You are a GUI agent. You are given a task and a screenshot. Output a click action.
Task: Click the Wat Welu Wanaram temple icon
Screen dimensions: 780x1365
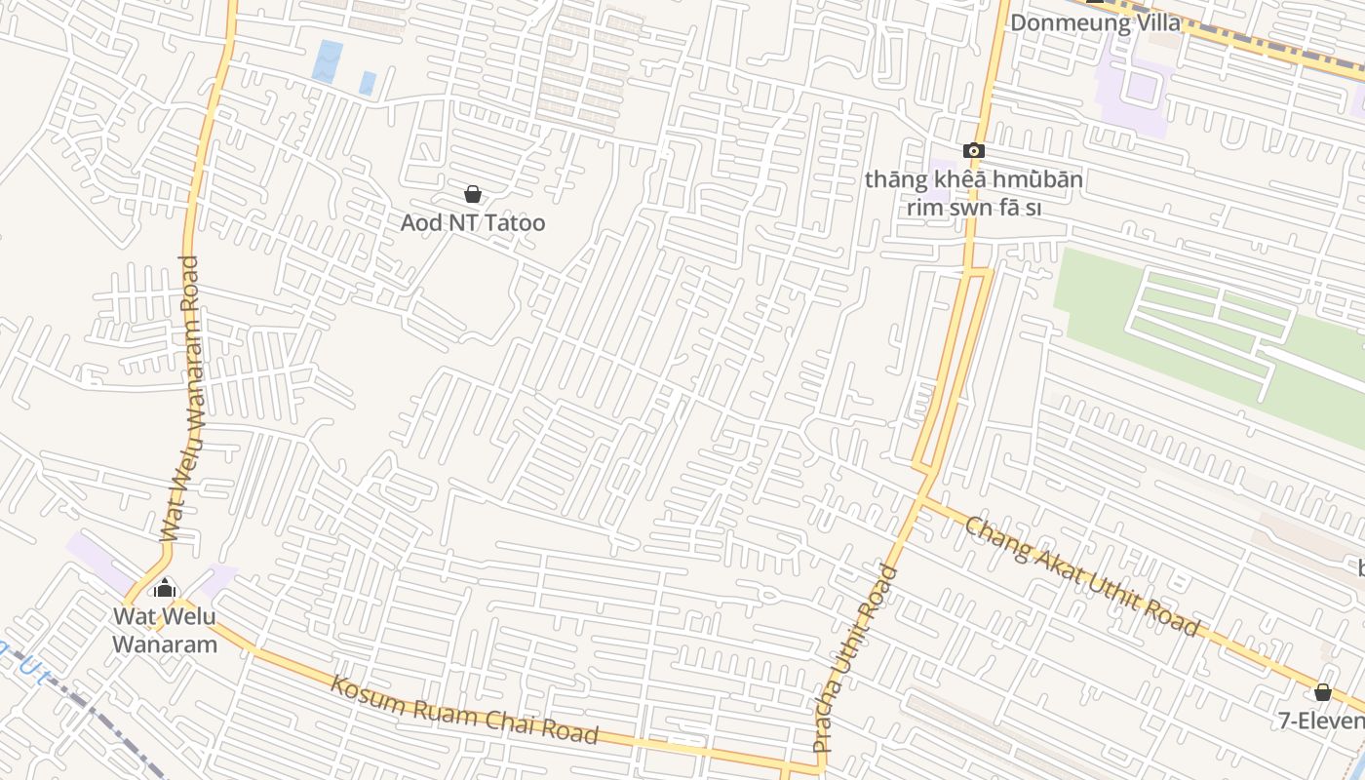tap(165, 588)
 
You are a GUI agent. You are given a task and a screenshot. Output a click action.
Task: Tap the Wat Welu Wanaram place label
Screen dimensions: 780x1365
tap(164, 630)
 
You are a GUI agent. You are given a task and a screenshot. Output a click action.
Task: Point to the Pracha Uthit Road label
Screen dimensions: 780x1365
tap(855, 658)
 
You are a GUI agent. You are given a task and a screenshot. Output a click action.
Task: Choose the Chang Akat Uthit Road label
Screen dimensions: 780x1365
tap(1081, 577)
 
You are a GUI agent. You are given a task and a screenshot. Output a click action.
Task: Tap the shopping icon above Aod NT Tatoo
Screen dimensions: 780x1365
tap(473, 195)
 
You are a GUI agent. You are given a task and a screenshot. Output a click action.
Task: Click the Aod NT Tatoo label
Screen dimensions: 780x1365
tap(473, 223)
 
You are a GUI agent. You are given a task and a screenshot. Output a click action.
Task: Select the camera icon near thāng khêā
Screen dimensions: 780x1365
tap(973, 150)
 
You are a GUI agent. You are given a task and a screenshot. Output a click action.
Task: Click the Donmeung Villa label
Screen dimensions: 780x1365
tap(1095, 22)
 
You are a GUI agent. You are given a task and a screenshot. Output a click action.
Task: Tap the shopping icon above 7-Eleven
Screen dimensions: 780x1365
tap(1322, 692)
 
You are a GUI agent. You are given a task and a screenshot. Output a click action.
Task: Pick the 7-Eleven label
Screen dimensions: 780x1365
tap(1321, 721)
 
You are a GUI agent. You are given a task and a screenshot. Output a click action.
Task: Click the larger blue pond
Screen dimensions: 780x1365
tap(329, 59)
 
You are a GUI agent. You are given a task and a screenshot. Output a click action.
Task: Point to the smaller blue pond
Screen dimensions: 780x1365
tap(368, 83)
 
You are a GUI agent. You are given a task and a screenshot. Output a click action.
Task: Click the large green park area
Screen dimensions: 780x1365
tap(1209, 331)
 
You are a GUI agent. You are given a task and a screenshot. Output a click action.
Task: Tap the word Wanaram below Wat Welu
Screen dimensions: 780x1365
tap(164, 643)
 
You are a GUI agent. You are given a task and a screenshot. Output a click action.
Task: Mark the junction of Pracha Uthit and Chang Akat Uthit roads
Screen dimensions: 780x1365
tap(921, 499)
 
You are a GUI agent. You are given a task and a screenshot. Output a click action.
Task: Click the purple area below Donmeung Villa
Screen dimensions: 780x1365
tap(1131, 83)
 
